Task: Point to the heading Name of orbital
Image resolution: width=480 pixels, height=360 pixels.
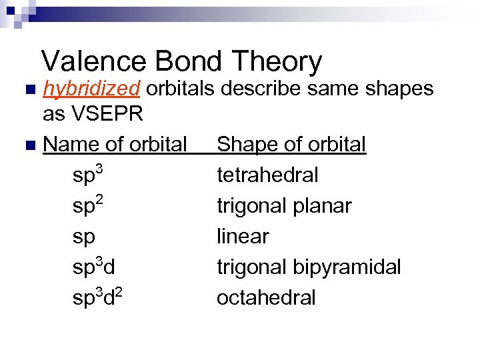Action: [115, 144]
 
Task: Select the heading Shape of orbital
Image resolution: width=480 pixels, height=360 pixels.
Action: [291, 144]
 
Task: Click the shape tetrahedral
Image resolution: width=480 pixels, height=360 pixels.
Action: [267, 175]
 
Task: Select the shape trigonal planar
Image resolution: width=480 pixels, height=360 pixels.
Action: [284, 206]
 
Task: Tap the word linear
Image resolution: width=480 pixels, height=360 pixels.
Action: [243, 236]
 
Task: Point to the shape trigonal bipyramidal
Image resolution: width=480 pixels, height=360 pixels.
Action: [309, 267]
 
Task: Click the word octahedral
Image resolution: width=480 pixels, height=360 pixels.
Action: [266, 297]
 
